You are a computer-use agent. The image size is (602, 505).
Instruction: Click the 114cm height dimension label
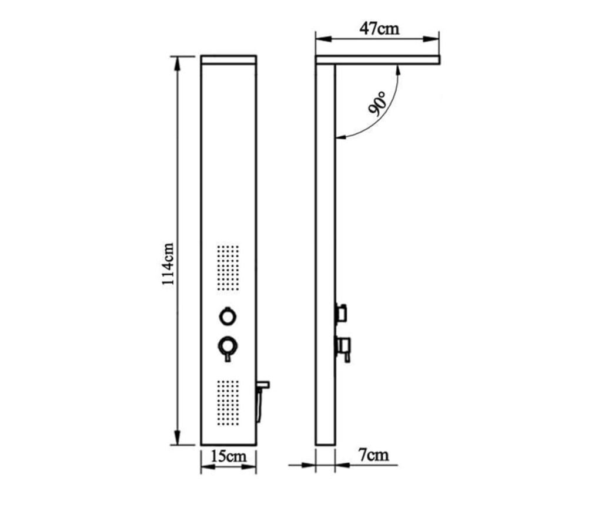(x=168, y=264)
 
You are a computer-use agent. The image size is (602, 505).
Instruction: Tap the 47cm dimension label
(x=379, y=29)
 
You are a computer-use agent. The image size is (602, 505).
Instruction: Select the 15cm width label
(x=229, y=456)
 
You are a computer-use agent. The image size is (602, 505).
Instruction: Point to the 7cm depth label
(x=373, y=455)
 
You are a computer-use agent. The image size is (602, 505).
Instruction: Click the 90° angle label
(x=377, y=104)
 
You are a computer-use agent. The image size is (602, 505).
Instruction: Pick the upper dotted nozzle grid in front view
(x=228, y=268)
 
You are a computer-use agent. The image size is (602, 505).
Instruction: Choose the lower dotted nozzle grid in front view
(x=228, y=403)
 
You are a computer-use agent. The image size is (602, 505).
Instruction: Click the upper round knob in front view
(x=228, y=317)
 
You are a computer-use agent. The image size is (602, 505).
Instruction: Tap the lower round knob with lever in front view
(x=228, y=348)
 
